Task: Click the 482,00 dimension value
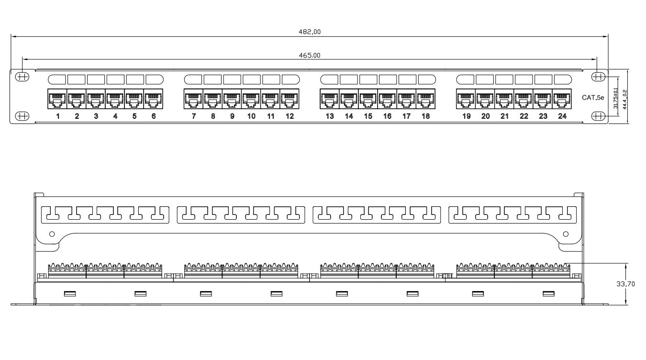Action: pos(310,32)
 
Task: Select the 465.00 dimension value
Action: pos(310,56)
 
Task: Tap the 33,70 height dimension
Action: pos(625,284)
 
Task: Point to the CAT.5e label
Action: pos(593,98)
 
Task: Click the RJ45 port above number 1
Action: pos(57,99)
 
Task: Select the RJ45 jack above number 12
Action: pos(290,99)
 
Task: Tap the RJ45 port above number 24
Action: pos(562,99)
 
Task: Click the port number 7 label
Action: pos(194,116)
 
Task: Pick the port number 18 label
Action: pos(426,116)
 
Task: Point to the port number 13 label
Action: pos(330,116)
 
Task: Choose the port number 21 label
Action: pos(504,116)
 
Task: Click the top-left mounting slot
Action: pos(22,77)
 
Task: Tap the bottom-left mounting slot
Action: pos(22,116)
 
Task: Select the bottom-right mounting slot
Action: pos(599,116)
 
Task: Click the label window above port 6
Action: pos(154,79)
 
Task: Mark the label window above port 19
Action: pos(465,79)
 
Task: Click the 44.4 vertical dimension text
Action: pos(624,100)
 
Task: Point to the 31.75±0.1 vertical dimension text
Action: pos(615,98)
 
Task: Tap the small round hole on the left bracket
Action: pos(52,234)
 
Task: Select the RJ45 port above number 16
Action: pos(387,99)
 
